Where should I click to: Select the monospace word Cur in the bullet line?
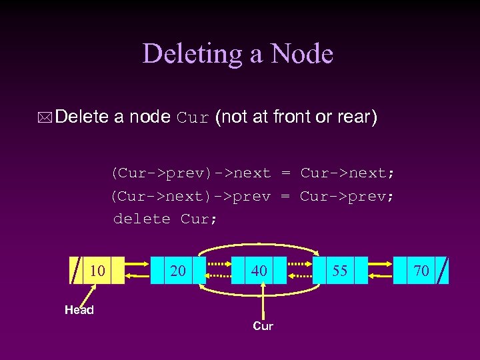193,119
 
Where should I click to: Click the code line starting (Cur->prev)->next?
253,173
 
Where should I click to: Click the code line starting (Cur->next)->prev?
253,196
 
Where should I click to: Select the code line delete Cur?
165,219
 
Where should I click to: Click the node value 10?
97,270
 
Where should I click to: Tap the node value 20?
178,270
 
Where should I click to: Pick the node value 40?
259,270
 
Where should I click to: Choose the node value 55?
340,270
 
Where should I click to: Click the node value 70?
421,270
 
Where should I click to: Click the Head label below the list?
79,309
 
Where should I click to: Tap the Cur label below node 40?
263,326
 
